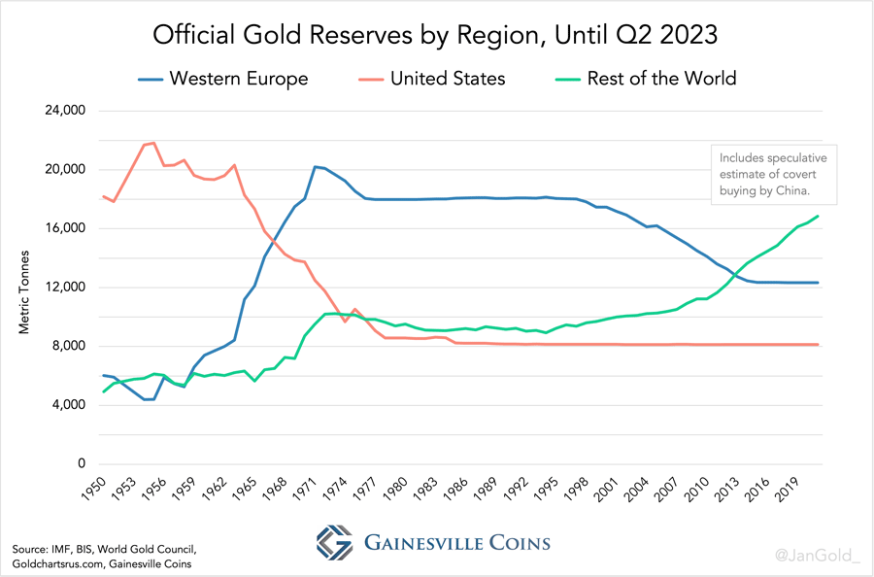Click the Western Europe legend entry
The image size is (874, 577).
238,79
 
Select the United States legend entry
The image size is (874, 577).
447,79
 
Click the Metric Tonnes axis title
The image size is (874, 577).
25,291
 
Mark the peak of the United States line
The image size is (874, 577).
153,143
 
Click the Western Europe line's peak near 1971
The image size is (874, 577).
315,166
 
